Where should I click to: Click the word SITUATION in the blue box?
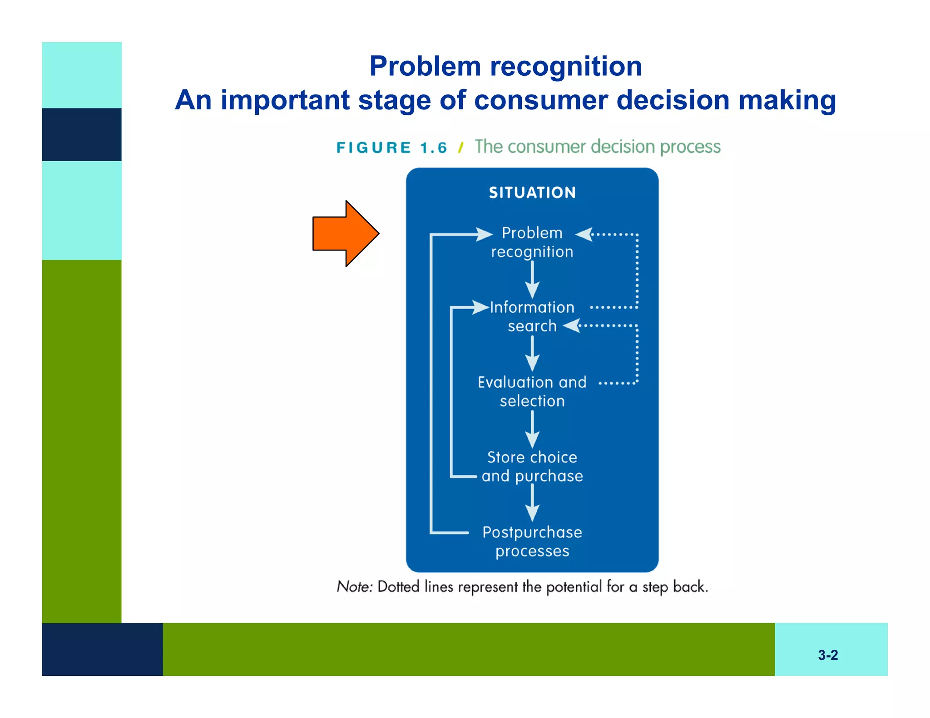tap(532, 193)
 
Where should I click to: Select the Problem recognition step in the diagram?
tap(532, 242)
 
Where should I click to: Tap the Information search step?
tap(532, 317)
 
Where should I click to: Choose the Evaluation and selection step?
tap(532, 391)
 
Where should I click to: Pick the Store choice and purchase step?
tap(532, 467)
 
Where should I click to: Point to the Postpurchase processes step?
tap(532, 541)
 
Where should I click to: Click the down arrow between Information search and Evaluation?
tap(532, 354)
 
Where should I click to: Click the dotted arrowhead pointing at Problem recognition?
tap(584, 235)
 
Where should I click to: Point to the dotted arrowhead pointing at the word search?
tap(572, 325)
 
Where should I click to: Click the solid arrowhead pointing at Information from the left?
tap(481, 307)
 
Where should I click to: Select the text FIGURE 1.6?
tap(391, 148)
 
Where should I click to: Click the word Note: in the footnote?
tap(355, 587)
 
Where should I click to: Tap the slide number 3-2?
tap(828, 655)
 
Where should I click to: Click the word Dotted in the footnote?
tap(398, 587)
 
